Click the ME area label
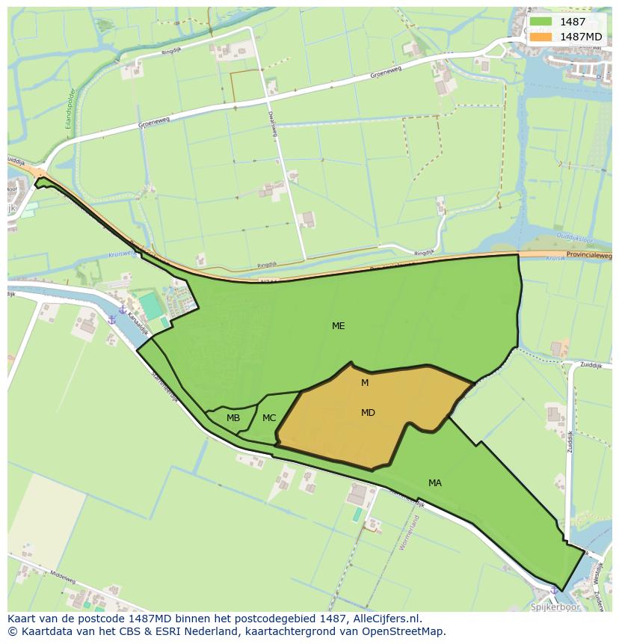[339, 326]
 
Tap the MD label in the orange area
[368, 413]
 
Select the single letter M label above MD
[365, 383]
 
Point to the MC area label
[269, 418]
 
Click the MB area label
[233, 418]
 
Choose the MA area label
[435, 483]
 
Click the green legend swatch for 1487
[541, 22]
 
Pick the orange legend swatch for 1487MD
[541, 37]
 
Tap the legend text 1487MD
[582, 37]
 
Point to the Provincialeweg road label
[590, 256]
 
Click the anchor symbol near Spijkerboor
[553, 591]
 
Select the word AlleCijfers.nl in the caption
[387, 619]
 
